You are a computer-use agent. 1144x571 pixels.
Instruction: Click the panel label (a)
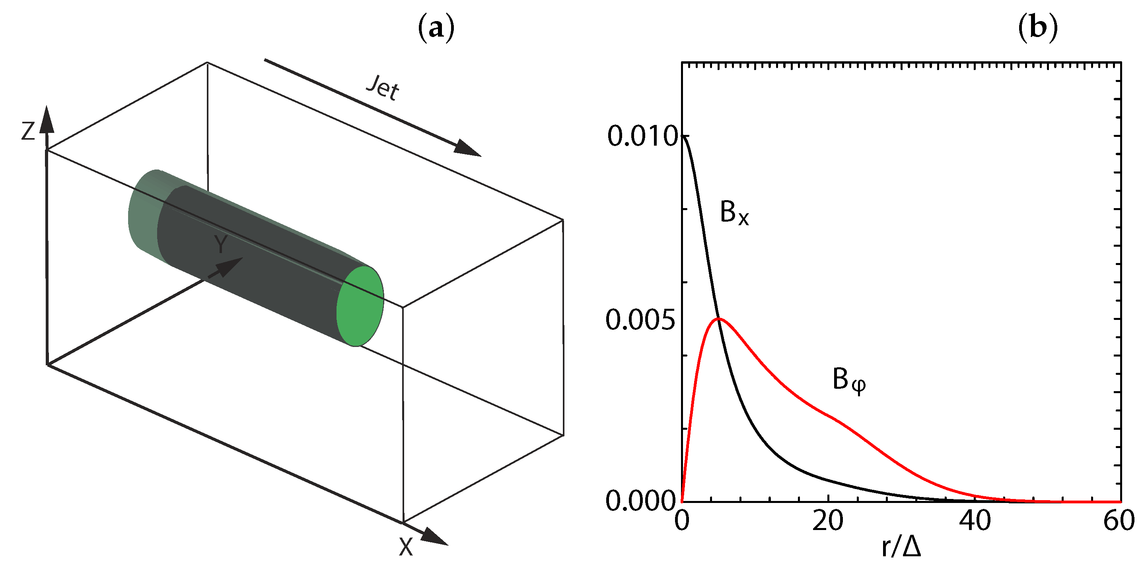[x=436, y=28]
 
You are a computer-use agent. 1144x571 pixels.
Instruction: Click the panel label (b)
[x=1037, y=28]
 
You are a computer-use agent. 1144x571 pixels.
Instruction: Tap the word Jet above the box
[x=383, y=88]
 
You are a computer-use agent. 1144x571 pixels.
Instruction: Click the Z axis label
[x=28, y=132]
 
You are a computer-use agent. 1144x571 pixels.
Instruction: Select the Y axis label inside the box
[x=221, y=244]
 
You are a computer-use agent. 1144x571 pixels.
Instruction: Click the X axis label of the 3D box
[x=406, y=547]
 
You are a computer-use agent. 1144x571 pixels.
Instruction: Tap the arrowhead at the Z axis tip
[x=46, y=120]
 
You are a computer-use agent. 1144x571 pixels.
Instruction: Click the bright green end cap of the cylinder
[x=360, y=306]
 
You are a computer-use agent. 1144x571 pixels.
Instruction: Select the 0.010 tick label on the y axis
[x=642, y=136]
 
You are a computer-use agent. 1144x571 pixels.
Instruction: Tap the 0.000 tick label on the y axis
[x=640, y=502]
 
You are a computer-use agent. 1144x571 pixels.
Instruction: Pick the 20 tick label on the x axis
[x=828, y=521]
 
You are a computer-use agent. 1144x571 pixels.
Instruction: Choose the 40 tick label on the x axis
[x=975, y=521]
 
